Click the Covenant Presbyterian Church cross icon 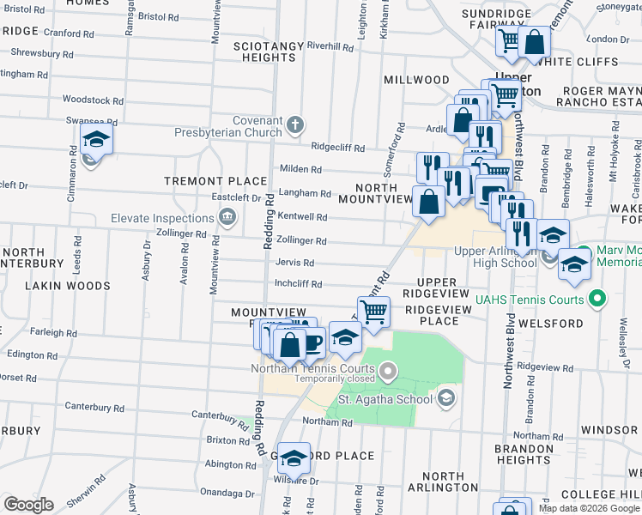(295, 125)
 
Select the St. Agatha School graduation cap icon (445, 397)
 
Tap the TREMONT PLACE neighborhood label (216, 181)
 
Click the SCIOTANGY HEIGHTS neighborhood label (269, 51)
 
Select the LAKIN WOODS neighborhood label (68, 285)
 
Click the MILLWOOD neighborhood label (416, 80)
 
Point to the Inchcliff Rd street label (298, 284)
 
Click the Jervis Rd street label (294, 263)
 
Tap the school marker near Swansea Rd (96, 139)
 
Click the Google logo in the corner (28, 505)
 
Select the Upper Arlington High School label (495, 257)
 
